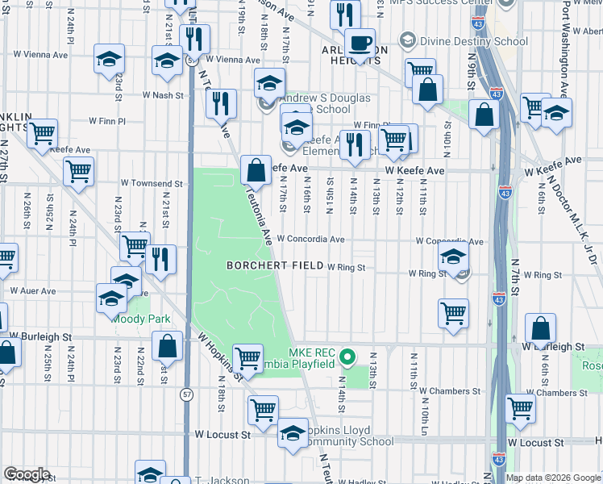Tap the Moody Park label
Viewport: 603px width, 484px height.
(141, 319)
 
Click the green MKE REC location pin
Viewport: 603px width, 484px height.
(347, 356)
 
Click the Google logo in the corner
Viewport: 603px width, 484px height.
(26, 474)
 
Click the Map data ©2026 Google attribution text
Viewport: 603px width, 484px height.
(553, 478)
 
